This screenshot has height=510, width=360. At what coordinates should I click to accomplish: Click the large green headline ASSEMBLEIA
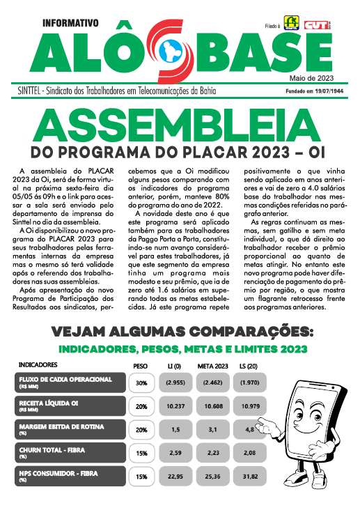[180, 126]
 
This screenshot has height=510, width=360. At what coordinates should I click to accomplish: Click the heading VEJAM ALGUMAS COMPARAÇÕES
[180, 330]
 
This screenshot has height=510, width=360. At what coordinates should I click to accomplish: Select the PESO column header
[140, 365]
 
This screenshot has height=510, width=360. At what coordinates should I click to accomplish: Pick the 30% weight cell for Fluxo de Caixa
[141, 382]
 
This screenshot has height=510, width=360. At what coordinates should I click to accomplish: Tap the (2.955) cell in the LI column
[174, 382]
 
